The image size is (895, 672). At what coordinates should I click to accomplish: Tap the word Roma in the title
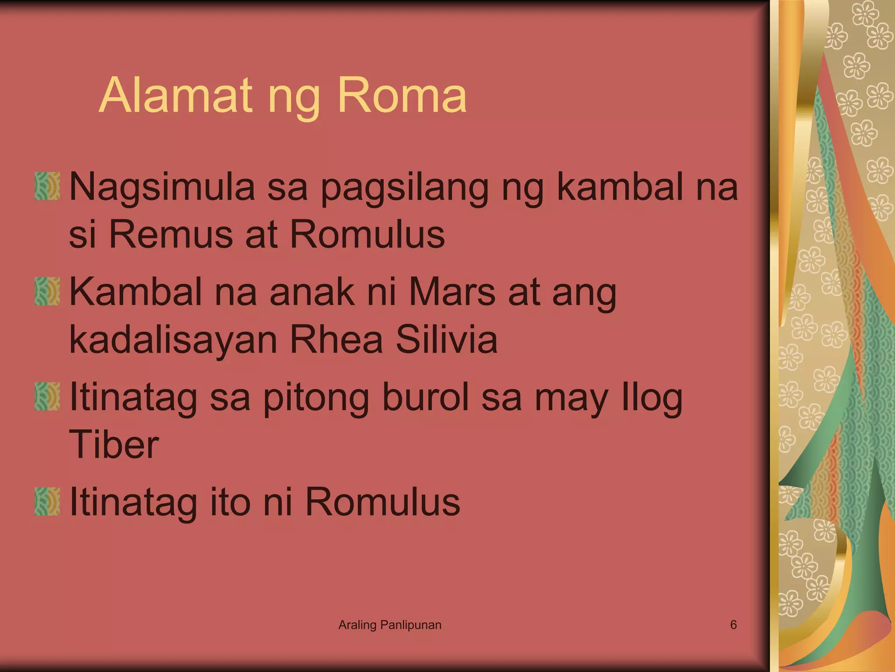(402, 95)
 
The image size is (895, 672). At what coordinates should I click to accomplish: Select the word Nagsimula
(162, 187)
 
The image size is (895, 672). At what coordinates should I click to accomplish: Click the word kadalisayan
(173, 340)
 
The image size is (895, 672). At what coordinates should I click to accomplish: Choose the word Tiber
(114, 444)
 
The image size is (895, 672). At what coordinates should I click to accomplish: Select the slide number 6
(733, 625)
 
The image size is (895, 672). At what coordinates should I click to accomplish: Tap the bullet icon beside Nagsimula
(47, 186)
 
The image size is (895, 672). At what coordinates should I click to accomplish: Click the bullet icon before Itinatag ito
(47, 501)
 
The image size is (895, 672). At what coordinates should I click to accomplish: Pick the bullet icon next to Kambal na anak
(47, 291)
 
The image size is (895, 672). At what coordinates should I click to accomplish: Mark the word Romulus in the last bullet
(382, 502)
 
